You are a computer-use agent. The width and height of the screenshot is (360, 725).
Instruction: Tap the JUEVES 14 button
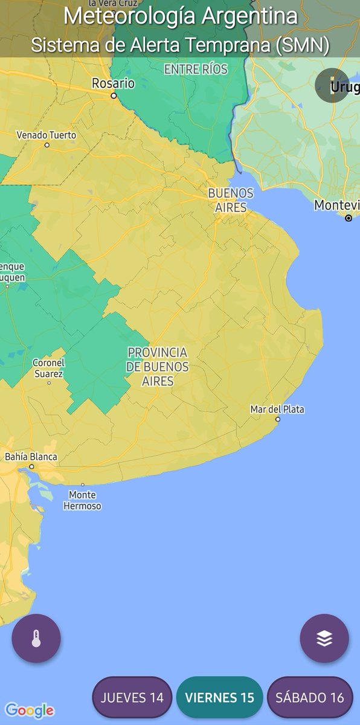(x=132, y=697)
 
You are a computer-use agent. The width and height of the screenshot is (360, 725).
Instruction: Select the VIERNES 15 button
(x=219, y=697)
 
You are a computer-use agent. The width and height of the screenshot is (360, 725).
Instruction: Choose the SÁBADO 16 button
(x=309, y=697)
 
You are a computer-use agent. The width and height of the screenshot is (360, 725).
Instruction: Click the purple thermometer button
(x=36, y=639)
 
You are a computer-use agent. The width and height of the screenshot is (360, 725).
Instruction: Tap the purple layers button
(x=324, y=639)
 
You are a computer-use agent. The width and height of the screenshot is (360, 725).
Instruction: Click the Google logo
(x=29, y=710)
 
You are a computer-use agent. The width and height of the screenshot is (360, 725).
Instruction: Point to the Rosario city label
(x=113, y=83)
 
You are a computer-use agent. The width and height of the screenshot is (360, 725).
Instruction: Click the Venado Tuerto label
(x=47, y=135)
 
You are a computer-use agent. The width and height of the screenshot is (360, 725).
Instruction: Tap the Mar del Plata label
(x=277, y=409)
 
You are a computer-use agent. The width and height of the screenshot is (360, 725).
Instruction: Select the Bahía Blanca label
(x=31, y=457)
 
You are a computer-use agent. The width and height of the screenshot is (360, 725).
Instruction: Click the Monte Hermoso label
(x=82, y=501)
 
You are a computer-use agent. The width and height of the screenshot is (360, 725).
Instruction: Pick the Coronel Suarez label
(x=49, y=368)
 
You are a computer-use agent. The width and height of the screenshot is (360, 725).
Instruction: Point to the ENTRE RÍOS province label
(x=196, y=69)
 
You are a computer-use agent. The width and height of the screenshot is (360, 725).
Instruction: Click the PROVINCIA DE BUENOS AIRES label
(x=158, y=367)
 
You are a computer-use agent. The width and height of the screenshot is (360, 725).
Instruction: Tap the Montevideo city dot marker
(x=349, y=218)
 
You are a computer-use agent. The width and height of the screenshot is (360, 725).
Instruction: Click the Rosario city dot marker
(x=113, y=95)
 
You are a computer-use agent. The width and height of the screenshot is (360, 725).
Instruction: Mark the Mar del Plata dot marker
(x=278, y=419)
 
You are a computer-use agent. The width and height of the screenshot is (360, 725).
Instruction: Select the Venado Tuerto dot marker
(x=47, y=145)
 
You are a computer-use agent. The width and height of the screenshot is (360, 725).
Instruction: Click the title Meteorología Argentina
(x=180, y=16)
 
